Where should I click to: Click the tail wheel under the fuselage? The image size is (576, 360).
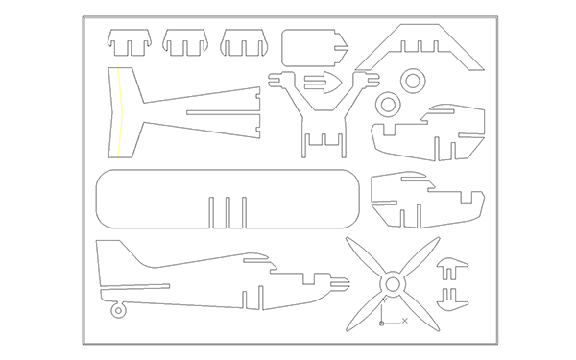(x=118, y=309)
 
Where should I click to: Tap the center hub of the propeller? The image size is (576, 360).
(x=392, y=284)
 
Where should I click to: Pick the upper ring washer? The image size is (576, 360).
(x=412, y=80)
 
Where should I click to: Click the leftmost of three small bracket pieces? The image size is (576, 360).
(x=130, y=42)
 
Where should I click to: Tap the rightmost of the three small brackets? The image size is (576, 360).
(x=243, y=42)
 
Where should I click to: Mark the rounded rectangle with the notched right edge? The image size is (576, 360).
(x=312, y=47)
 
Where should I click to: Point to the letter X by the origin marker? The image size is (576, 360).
(x=406, y=320)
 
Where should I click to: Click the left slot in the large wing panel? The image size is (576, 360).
(x=210, y=211)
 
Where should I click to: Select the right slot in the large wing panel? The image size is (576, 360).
(x=244, y=211)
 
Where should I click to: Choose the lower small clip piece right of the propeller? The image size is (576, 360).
(x=452, y=294)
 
